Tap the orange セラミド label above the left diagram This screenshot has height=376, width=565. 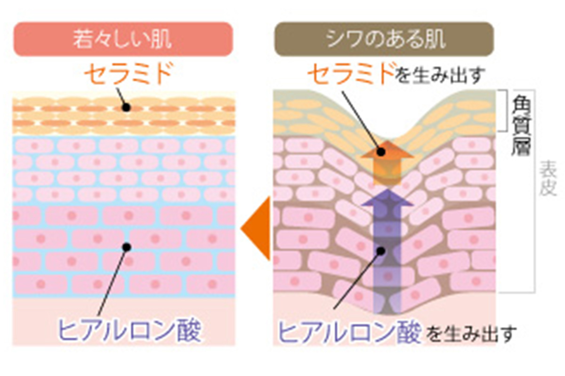point(123,74)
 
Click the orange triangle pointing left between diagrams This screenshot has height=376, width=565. point(257,229)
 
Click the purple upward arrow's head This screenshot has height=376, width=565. point(387,197)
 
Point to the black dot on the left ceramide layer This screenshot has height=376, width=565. point(126,108)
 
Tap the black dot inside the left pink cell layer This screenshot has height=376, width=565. point(126,246)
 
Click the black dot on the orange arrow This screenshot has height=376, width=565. point(381,152)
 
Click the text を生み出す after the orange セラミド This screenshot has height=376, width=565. point(440,75)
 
